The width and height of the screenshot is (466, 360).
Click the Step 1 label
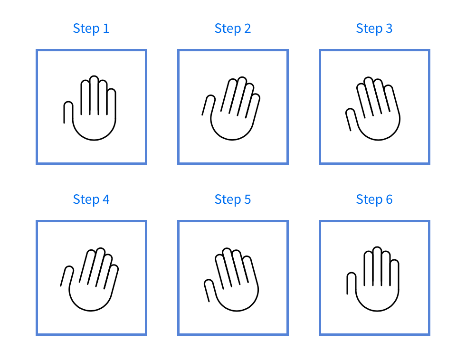pos(91,28)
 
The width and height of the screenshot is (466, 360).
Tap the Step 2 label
pos(232,28)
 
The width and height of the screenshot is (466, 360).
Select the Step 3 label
pos(374,28)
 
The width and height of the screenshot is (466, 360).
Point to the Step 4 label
pos(91,199)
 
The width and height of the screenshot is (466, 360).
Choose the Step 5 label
pos(232,199)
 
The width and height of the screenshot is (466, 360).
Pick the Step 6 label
pos(374,199)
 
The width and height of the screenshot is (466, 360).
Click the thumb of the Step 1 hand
pos(68,112)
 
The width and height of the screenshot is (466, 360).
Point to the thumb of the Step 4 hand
pos(67,276)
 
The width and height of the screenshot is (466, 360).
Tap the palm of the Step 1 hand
pos(94,126)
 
